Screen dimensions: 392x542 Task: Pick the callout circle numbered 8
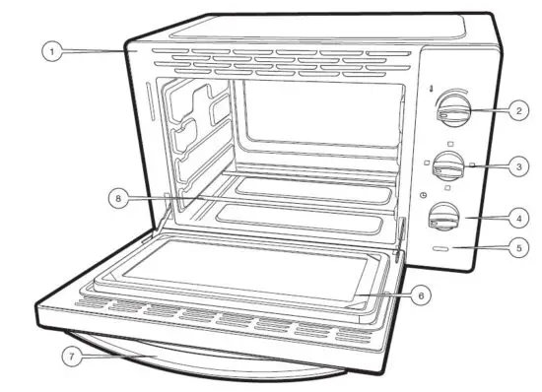[x=118, y=197]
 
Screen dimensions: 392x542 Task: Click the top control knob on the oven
[x=452, y=109]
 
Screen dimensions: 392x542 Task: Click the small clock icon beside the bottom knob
[x=423, y=195]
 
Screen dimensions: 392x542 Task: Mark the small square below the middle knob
[x=448, y=187]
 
